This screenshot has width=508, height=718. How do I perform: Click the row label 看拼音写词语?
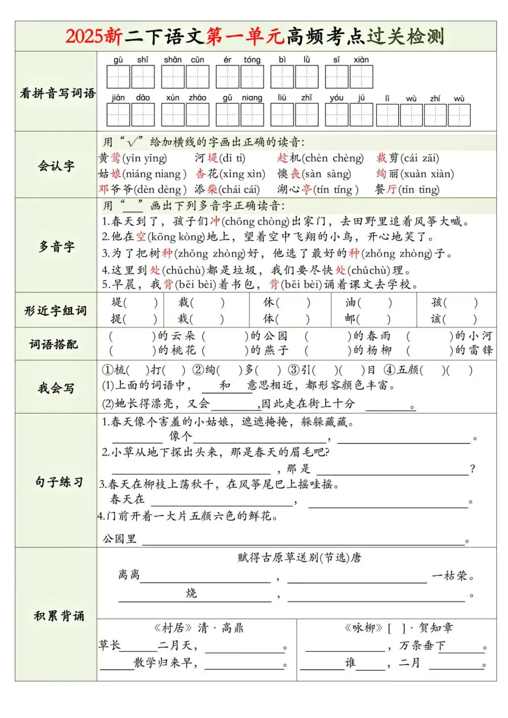point(57,93)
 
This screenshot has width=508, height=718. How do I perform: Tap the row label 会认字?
point(56,166)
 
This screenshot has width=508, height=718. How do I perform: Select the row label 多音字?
point(56,247)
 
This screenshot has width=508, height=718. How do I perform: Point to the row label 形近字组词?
point(55,310)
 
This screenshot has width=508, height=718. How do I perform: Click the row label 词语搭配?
point(54,344)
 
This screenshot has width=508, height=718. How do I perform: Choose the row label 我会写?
point(56,388)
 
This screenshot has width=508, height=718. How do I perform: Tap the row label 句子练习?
point(59,482)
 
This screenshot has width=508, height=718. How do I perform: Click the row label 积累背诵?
point(59,616)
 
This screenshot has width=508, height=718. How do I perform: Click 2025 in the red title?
point(84,37)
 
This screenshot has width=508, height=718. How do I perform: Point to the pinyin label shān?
point(173,60)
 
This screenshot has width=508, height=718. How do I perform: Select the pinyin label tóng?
point(252,60)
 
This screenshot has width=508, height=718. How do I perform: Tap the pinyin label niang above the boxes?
point(252,98)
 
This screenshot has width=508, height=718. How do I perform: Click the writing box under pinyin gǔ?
point(118,77)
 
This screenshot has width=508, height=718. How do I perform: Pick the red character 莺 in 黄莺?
point(116,158)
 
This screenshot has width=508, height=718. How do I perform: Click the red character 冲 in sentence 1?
point(215,221)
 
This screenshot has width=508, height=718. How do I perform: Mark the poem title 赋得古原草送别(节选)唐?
point(299,557)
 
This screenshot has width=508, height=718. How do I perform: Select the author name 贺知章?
point(435,628)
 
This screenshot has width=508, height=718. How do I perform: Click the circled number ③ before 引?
point(294,370)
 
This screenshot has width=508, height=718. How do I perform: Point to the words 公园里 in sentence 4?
point(120,539)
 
